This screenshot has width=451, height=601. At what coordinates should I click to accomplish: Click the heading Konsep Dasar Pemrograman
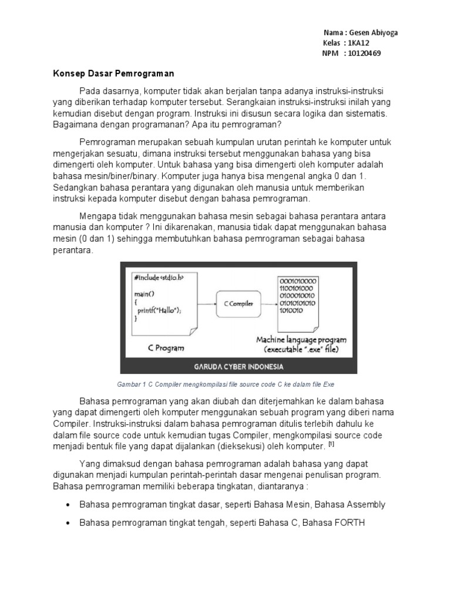(x=110, y=75)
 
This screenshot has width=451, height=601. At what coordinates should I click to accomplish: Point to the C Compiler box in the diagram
(x=238, y=303)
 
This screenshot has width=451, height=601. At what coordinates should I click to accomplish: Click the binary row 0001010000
(x=298, y=281)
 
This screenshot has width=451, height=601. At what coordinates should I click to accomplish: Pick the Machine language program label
(x=301, y=340)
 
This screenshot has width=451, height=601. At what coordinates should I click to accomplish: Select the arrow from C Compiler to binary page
(x=268, y=304)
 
